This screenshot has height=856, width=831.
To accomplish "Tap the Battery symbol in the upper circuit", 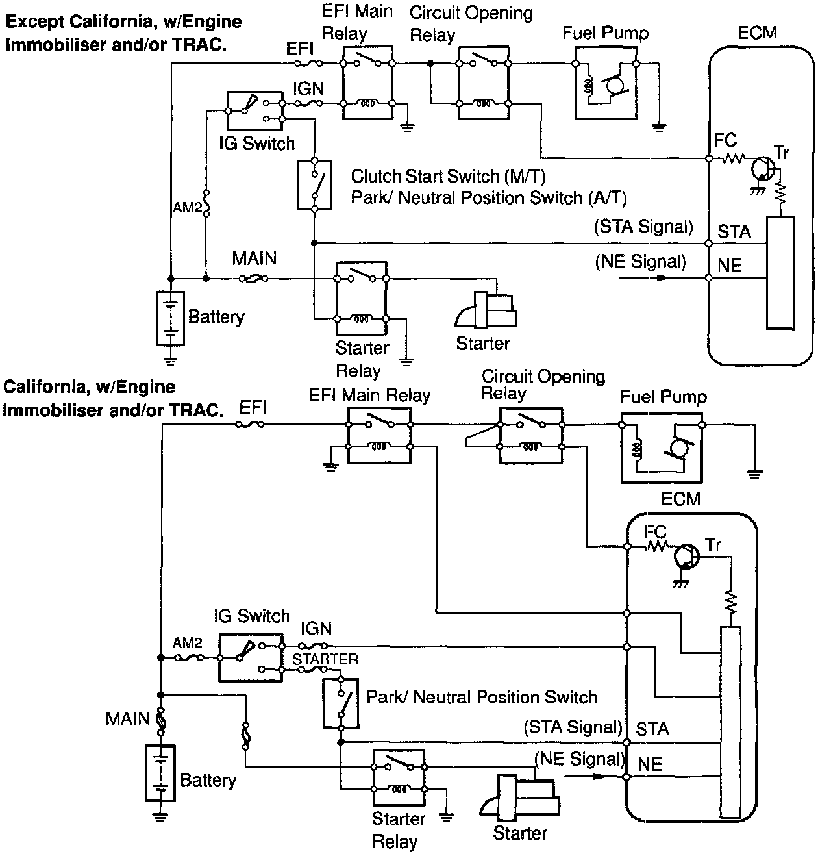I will [x=170, y=318].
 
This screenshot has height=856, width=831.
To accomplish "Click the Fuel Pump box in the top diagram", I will [x=606, y=82].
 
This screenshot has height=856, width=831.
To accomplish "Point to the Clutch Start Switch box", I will [x=314, y=184].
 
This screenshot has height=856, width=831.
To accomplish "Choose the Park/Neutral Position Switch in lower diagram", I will [x=340, y=703].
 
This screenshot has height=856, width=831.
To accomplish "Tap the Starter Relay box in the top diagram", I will [x=361, y=299].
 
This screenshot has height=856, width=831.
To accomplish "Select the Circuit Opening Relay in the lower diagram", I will [x=530, y=435].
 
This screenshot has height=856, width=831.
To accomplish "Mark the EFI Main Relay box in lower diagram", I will [x=379, y=435].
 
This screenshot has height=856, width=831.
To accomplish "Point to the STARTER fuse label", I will [x=325, y=659].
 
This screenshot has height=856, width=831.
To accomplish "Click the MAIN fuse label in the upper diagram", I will [x=254, y=259].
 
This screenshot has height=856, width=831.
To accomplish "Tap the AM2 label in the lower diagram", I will [x=188, y=644].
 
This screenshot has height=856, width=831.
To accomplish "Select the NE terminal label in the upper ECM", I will [x=729, y=266].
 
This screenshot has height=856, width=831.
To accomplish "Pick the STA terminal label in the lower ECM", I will [x=652, y=729].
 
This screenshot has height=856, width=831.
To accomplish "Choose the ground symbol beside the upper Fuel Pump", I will [x=659, y=127].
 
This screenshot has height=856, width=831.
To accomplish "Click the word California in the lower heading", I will [x=44, y=388].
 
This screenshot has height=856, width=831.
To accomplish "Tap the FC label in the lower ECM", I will [x=655, y=532].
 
